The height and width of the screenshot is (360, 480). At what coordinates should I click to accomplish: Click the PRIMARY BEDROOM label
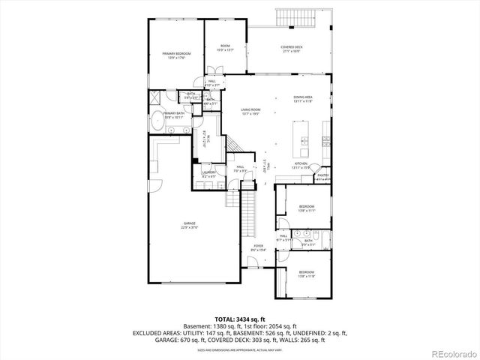[177, 54]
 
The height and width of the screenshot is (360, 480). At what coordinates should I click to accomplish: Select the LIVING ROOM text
[250, 112]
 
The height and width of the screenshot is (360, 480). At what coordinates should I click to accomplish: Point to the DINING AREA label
[303, 98]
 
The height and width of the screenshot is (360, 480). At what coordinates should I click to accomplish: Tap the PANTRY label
[322, 175]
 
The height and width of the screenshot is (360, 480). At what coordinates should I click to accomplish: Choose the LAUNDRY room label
[208, 174]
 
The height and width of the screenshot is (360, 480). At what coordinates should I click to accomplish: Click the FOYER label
[258, 247]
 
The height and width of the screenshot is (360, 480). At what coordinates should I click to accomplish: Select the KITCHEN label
[301, 163]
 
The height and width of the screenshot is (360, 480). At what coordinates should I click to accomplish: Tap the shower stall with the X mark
[155, 97]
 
